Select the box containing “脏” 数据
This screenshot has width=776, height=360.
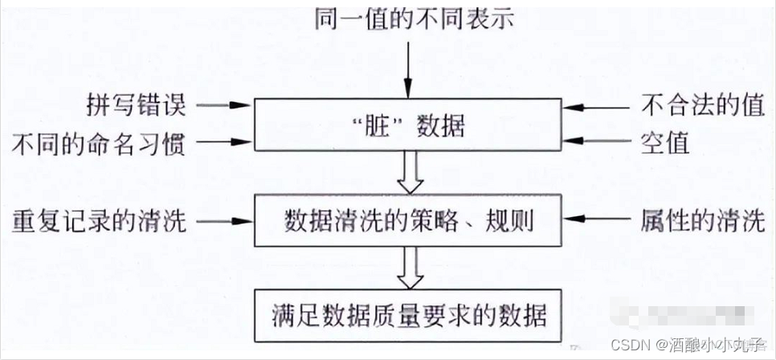pyautogui.click(x=408, y=125)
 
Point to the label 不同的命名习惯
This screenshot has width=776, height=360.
pyautogui.click(x=100, y=144)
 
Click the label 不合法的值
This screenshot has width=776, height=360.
pyautogui.click(x=701, y=105)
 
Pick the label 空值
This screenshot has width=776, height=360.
pyautogui.click(x=666, y=144)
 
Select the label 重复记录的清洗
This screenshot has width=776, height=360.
pyautogui.click(x=100, y=220)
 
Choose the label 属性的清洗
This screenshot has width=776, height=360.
pyautogui.click(x=701, y=220)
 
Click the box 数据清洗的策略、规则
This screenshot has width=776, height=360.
pyautogui.click(x=408, y=220)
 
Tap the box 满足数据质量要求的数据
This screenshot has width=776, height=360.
pyautogui.click(x=408, y=314)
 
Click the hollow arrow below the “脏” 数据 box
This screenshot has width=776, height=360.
pyautogui.click(x=408, y=172)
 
